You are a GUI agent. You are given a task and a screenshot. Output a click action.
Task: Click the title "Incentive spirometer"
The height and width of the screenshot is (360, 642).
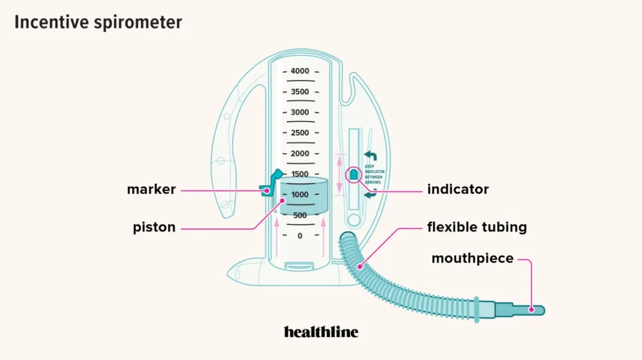(x=98, y=22)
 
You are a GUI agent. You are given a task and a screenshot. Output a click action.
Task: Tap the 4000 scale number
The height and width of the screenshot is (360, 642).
(x=300, y=71)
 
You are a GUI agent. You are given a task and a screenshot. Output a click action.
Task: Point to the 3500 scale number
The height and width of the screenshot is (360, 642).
(x=300, y=92)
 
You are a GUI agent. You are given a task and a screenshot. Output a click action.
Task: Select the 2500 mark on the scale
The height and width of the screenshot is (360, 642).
(x=300, y=133)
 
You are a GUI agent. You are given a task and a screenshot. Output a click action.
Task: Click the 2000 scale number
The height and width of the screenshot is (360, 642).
(x=300, y=153)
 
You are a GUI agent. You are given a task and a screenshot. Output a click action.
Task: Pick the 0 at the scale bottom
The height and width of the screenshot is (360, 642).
(x=300, y=236)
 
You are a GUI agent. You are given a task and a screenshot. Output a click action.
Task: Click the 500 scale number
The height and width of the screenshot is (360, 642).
(x=300, y=215)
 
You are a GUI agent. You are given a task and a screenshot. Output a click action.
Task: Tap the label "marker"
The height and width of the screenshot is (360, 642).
(x=151, y=189)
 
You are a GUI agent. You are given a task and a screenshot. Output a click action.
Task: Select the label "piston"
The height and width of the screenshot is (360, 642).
(x=154, y=227)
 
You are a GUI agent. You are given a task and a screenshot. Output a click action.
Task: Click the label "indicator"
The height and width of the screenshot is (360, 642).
(x=458, y=189)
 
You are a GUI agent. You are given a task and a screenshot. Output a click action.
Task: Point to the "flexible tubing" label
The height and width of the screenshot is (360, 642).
(x=477, y=227)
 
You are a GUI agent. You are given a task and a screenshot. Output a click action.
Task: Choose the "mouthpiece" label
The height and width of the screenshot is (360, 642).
(x=472, y=258)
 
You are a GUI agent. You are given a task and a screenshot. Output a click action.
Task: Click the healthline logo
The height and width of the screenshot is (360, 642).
(x=321, y=332)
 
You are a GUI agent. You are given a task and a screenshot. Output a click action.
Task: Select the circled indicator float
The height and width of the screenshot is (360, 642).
(x=354, y=174)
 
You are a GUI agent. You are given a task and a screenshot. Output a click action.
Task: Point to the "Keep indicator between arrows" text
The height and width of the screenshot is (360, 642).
(x=374, y=174)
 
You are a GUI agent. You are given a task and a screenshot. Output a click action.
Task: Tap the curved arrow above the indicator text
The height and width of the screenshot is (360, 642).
(x=370, y=156)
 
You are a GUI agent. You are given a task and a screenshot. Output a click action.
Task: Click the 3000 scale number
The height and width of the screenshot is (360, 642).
(x=300, y=112)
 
